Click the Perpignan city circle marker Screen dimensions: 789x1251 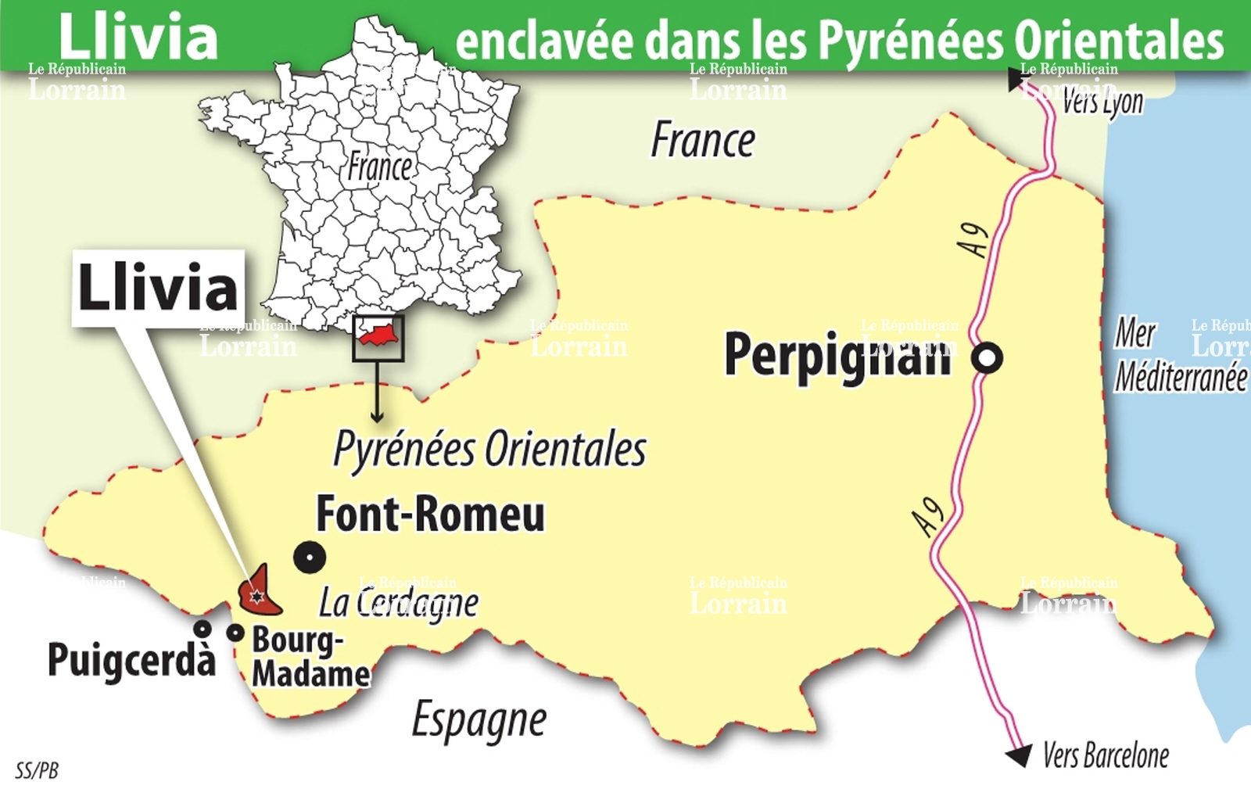988,358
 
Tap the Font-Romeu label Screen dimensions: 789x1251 430,515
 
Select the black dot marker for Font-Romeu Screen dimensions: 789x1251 310,558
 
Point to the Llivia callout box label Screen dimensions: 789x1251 158,288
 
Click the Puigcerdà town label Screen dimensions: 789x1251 131,659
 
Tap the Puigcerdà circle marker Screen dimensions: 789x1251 203,628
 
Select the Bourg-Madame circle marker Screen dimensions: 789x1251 235,633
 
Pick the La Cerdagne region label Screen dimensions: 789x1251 399,603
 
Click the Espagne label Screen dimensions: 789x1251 479,720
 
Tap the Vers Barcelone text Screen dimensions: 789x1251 1106,755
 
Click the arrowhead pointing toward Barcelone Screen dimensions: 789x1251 1019,755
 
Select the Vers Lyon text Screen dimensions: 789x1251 1102,102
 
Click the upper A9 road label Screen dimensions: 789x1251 974,239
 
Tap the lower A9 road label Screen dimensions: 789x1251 929,517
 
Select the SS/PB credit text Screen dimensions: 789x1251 37,770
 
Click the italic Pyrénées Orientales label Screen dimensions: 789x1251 490,450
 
